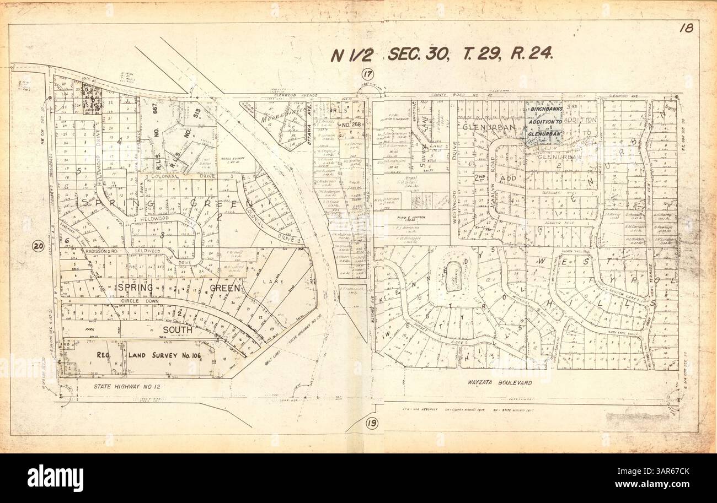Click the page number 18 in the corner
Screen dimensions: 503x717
pyautogui.click(x=686, y=28)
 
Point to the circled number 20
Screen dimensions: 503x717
pyautogui.click(x=38, y=246)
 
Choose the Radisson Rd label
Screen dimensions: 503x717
pyautogui.click(x=101, y=251)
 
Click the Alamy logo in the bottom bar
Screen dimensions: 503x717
pyautogui.click(x=55, y=478)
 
